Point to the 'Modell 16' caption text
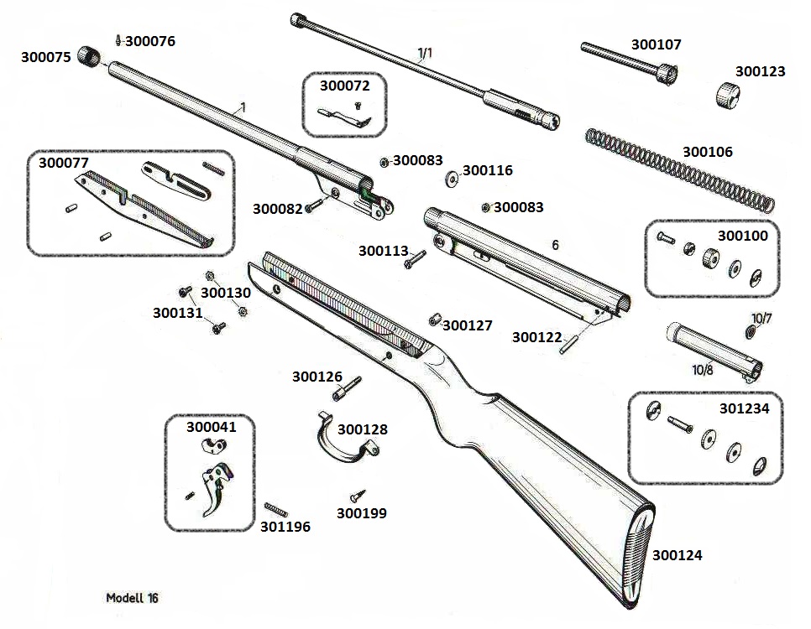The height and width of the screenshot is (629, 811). [x=132, y=598]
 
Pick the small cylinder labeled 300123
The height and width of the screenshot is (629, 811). [x=730, y=94]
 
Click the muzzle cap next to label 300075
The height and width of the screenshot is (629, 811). [x=88, y=55]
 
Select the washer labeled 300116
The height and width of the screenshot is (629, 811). [x=451, y=178]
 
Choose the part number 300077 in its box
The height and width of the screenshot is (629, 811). [x=64, y=163]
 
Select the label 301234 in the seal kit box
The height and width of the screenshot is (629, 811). [x=744, y=408]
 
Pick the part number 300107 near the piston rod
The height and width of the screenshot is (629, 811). [x=656, y=44]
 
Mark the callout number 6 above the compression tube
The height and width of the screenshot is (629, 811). [x=554, y=245]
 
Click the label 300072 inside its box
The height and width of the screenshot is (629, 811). [x=344, y=86]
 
